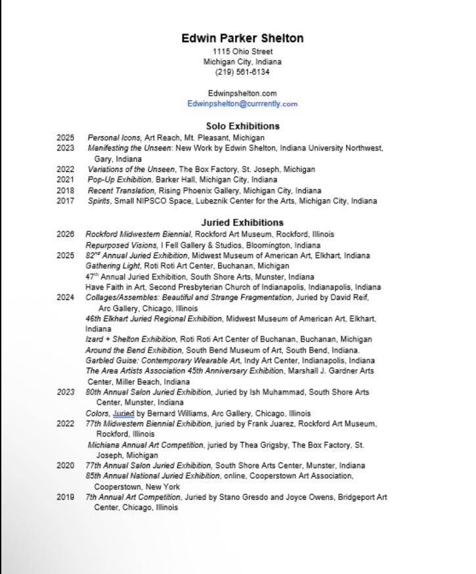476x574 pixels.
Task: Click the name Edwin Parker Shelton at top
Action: pyautogui.click(x=242, y=38)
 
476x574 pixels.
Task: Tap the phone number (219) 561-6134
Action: pyautogui.click(x=242, y=72)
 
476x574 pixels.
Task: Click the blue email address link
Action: pyautogui.click(x=242, y=104)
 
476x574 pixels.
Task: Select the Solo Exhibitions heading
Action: pyautogui.click(x=242, y=125)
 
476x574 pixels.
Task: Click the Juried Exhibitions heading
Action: pyautogui.click(x=242, y=223)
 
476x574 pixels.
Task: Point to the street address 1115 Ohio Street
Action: pyautogui.click(x=242, y=52)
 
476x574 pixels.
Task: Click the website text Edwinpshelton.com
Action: pyautogui.click(x=242, y=93)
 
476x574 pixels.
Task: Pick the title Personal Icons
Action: pyautogui.click(x=114, y=138)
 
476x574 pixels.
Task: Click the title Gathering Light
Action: pyautogui.click(x=113, y=266)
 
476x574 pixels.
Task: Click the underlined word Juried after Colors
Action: pyautogui.click(x=123, y=414)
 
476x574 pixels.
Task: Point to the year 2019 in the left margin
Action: pyautogui.click(x=65, y=497)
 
